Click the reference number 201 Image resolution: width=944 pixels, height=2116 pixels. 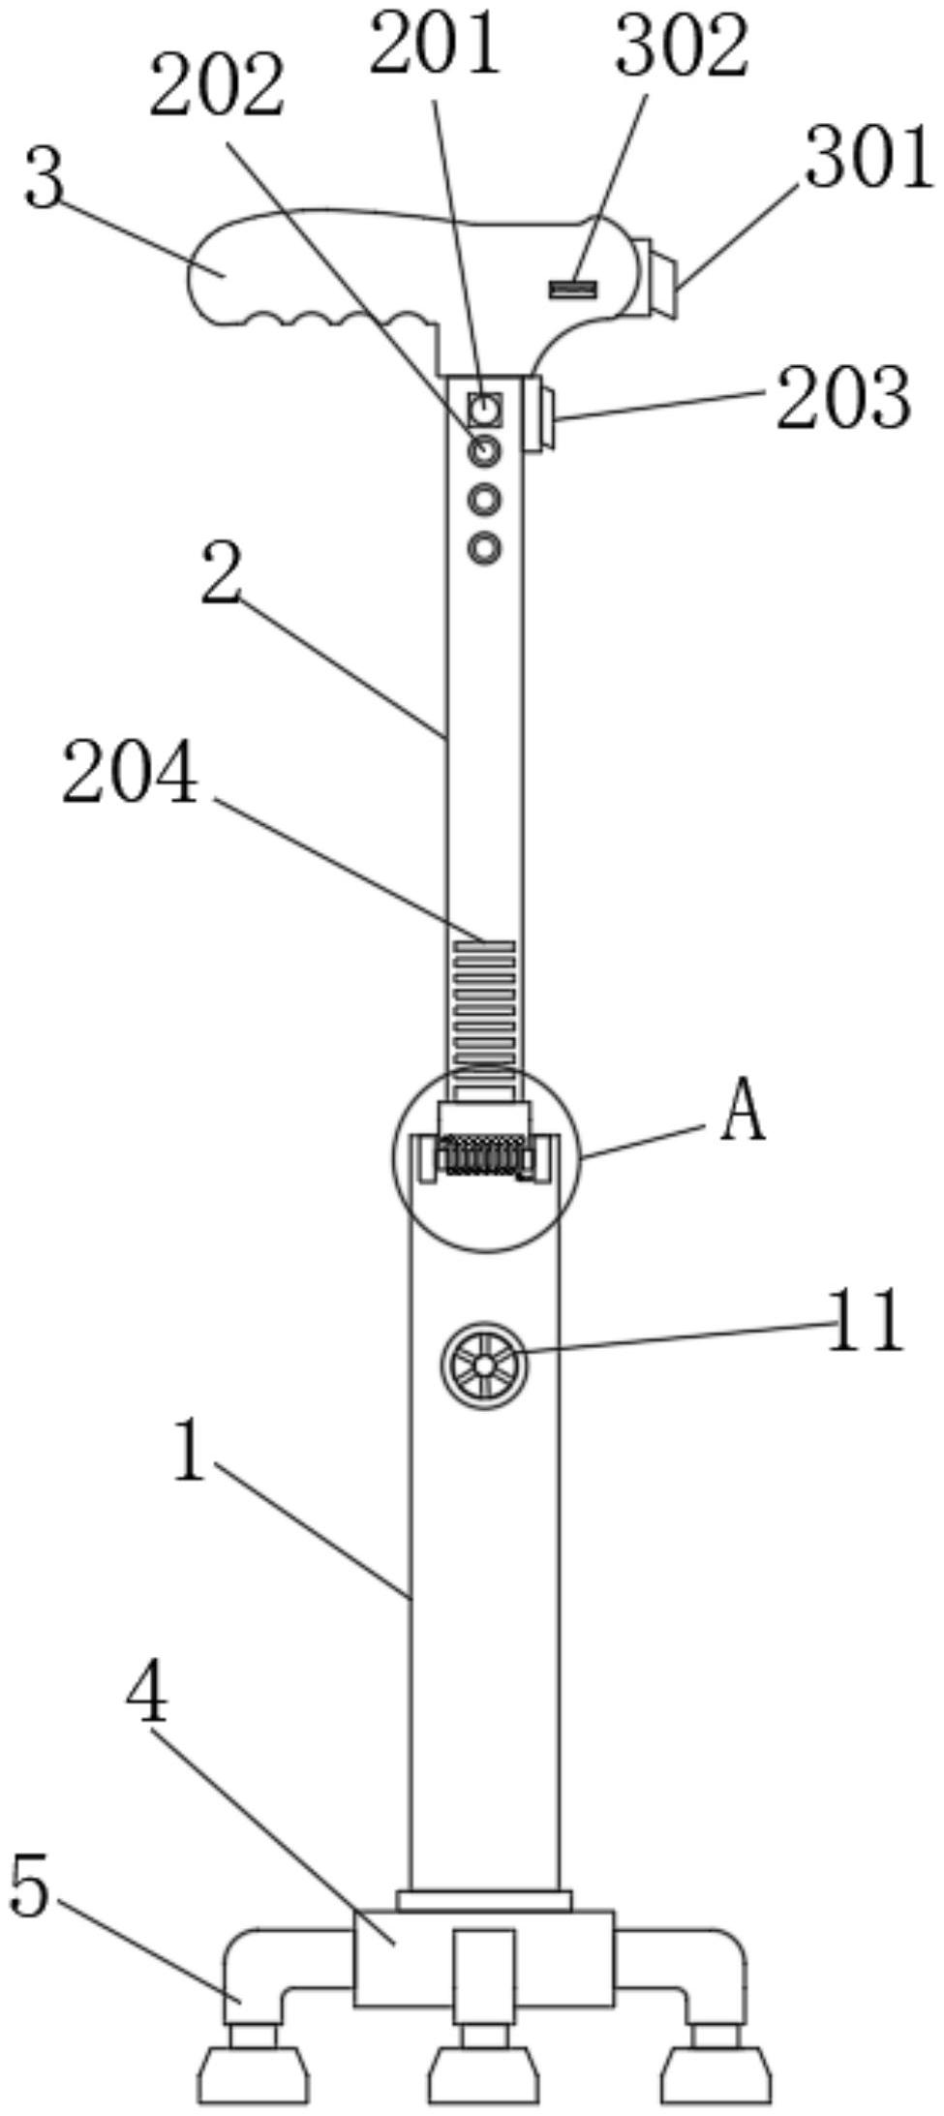tap(435, 44)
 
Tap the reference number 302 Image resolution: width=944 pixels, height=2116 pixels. tap(682, 46)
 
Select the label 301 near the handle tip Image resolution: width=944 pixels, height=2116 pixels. tap(868, 159)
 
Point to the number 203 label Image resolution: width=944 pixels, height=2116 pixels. tap(843, 398)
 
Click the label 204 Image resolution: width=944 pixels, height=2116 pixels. tap(131, 772)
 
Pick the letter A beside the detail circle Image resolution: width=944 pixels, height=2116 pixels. tap(743, 1113)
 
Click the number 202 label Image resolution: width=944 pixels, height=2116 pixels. tap(217, 85)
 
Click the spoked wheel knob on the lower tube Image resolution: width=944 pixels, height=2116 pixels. tap(484, 1365)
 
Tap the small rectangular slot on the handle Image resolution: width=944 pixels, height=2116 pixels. tap(572, 288)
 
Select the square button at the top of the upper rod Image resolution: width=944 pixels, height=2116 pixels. tap(485, 411)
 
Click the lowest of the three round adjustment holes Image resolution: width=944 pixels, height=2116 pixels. tap(485, 548)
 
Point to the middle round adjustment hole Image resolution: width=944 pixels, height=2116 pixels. tap(485, 500)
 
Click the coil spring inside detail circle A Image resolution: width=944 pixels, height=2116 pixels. tap(484, 1155)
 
